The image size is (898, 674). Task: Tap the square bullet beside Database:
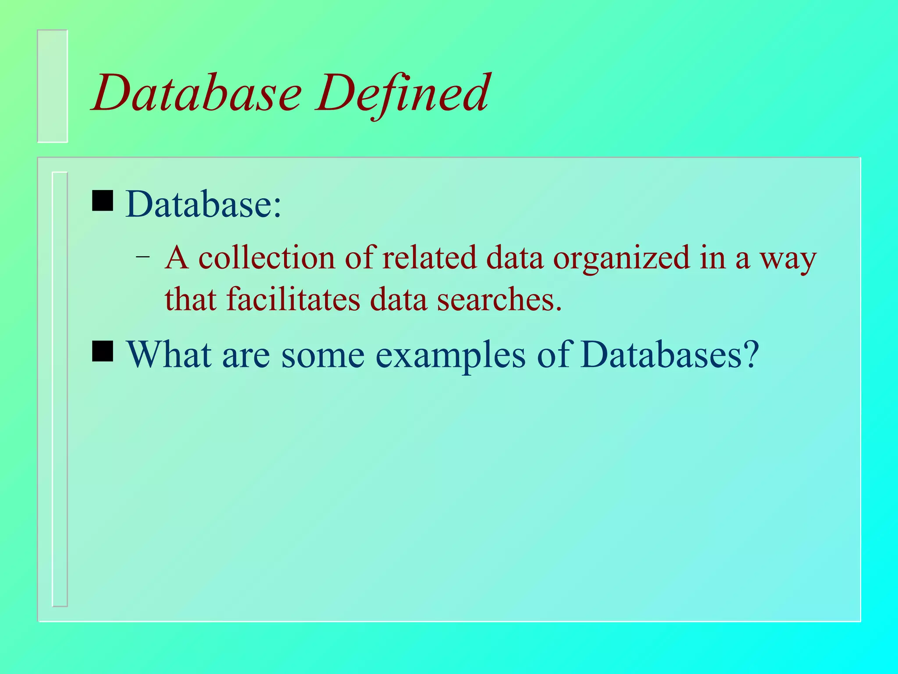(103, 201)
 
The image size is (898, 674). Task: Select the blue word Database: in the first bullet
(203, 204)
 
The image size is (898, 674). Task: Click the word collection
(267, 258)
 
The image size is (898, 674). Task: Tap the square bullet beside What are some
(103, 351)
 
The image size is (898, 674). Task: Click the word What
(169, 354)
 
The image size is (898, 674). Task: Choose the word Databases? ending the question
(669, 354)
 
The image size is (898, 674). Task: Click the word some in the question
(323, 355)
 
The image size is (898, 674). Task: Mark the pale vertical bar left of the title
(53, 86)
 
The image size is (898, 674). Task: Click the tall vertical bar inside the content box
(60, 389)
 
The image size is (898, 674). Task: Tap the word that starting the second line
(190, 299)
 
